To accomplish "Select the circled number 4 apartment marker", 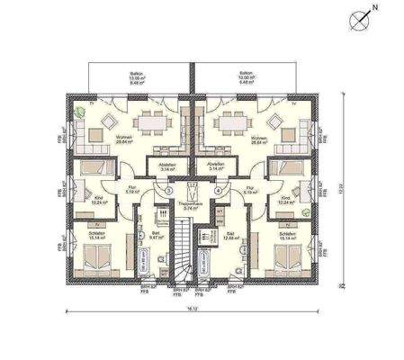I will (219, 191).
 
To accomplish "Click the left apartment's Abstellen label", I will (167, 166).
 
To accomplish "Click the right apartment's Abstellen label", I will (216, 166).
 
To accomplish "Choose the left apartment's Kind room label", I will (101, 201).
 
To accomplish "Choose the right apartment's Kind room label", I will (287, 200).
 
